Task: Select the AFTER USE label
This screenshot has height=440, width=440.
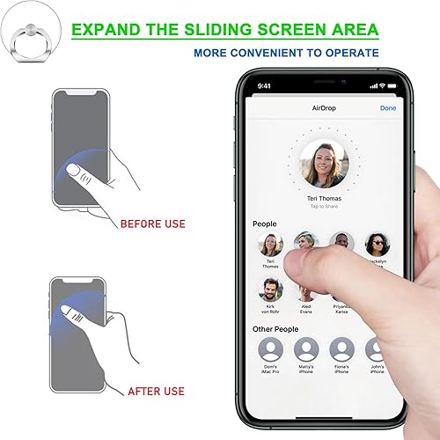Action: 156,391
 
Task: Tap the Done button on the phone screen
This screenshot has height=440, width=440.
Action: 387,108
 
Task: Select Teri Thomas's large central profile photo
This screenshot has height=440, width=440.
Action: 324,165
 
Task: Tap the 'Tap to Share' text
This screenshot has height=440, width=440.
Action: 324,207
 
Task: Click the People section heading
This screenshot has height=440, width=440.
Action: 264,224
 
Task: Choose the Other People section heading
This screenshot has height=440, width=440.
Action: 275,329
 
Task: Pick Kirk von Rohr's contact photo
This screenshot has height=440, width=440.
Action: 271,289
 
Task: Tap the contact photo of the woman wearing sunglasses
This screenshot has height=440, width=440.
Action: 377,244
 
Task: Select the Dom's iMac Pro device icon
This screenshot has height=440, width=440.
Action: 271,350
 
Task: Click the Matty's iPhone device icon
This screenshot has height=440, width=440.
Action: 306,350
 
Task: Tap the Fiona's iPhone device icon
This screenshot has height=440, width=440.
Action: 341,350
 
